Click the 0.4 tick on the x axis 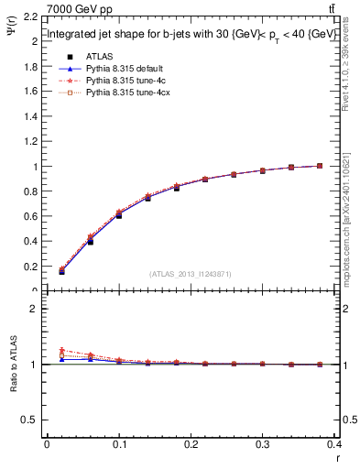click(338, 446)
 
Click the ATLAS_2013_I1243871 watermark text click(191, 273)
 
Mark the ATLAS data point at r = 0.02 click(61, 272)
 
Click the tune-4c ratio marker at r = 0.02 click(61, 351)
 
